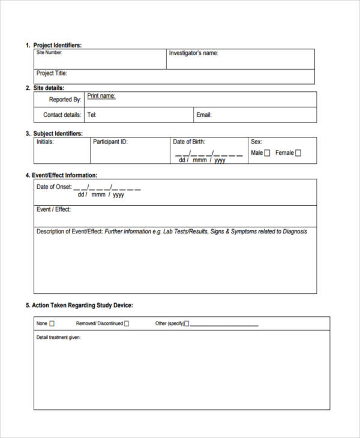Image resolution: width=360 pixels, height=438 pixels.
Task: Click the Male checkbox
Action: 267,153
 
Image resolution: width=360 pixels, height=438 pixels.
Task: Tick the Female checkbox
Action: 298,153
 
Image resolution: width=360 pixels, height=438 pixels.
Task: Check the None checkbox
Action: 52,323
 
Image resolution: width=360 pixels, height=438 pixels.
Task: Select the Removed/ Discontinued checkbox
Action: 126,323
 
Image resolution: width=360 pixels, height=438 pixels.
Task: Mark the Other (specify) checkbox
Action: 186,323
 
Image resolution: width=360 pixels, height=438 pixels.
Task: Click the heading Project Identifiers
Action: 57,45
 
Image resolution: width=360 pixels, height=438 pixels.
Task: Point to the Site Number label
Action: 49,52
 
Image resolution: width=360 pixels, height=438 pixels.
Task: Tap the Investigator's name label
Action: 193,53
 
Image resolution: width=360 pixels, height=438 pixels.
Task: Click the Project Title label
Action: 52,73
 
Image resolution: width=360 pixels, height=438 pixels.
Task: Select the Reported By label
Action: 65,100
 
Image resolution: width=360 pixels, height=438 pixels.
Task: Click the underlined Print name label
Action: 101,96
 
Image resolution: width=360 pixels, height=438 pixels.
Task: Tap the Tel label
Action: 92,115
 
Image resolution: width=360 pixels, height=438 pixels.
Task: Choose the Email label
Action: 204,115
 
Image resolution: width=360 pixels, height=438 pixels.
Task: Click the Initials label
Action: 45,142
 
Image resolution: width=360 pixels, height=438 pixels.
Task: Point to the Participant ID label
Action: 110,142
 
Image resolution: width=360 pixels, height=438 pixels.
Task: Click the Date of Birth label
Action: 189,142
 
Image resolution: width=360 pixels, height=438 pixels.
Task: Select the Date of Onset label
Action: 54,187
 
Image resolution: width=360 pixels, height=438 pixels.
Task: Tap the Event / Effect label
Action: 53,209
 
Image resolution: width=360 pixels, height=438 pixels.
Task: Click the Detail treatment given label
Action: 58,337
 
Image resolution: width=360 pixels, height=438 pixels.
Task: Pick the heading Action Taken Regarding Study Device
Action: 82,305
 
